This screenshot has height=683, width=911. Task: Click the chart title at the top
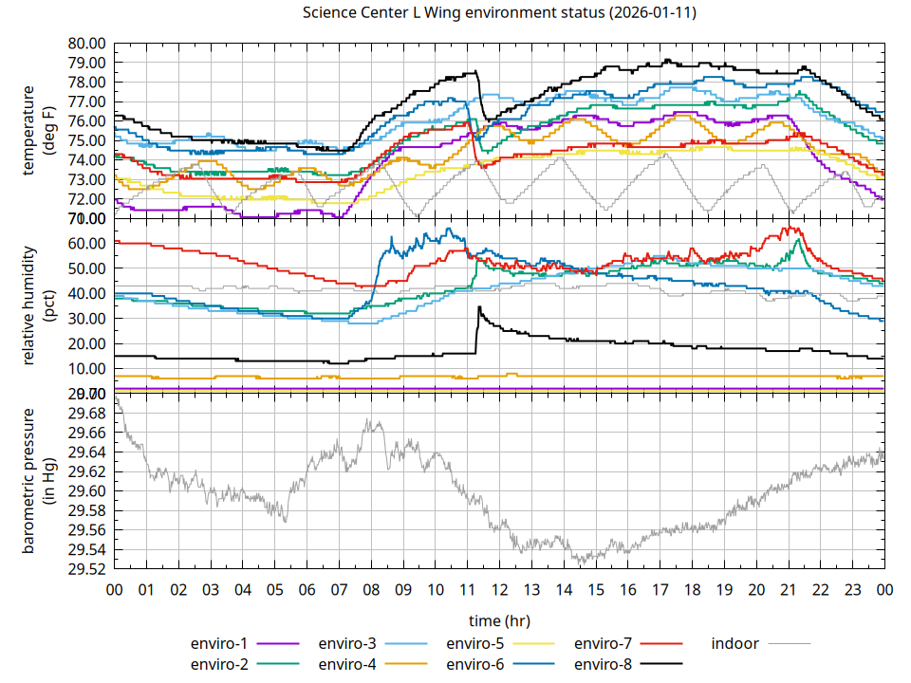coord(499,13)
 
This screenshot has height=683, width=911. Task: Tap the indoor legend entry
coord(735,643)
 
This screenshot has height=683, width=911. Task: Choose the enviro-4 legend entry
coord(347,663)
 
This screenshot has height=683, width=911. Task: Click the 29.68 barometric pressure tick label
coord(87,414)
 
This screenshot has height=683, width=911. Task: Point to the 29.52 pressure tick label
coord(87,569)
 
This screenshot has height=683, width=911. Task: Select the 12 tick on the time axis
coord(499,589)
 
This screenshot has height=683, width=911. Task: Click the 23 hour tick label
coord(852,589)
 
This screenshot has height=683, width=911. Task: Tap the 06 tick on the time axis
coord(307,589)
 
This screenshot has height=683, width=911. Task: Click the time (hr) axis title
coord(499,620)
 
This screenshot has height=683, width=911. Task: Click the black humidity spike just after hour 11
coord(480,308)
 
